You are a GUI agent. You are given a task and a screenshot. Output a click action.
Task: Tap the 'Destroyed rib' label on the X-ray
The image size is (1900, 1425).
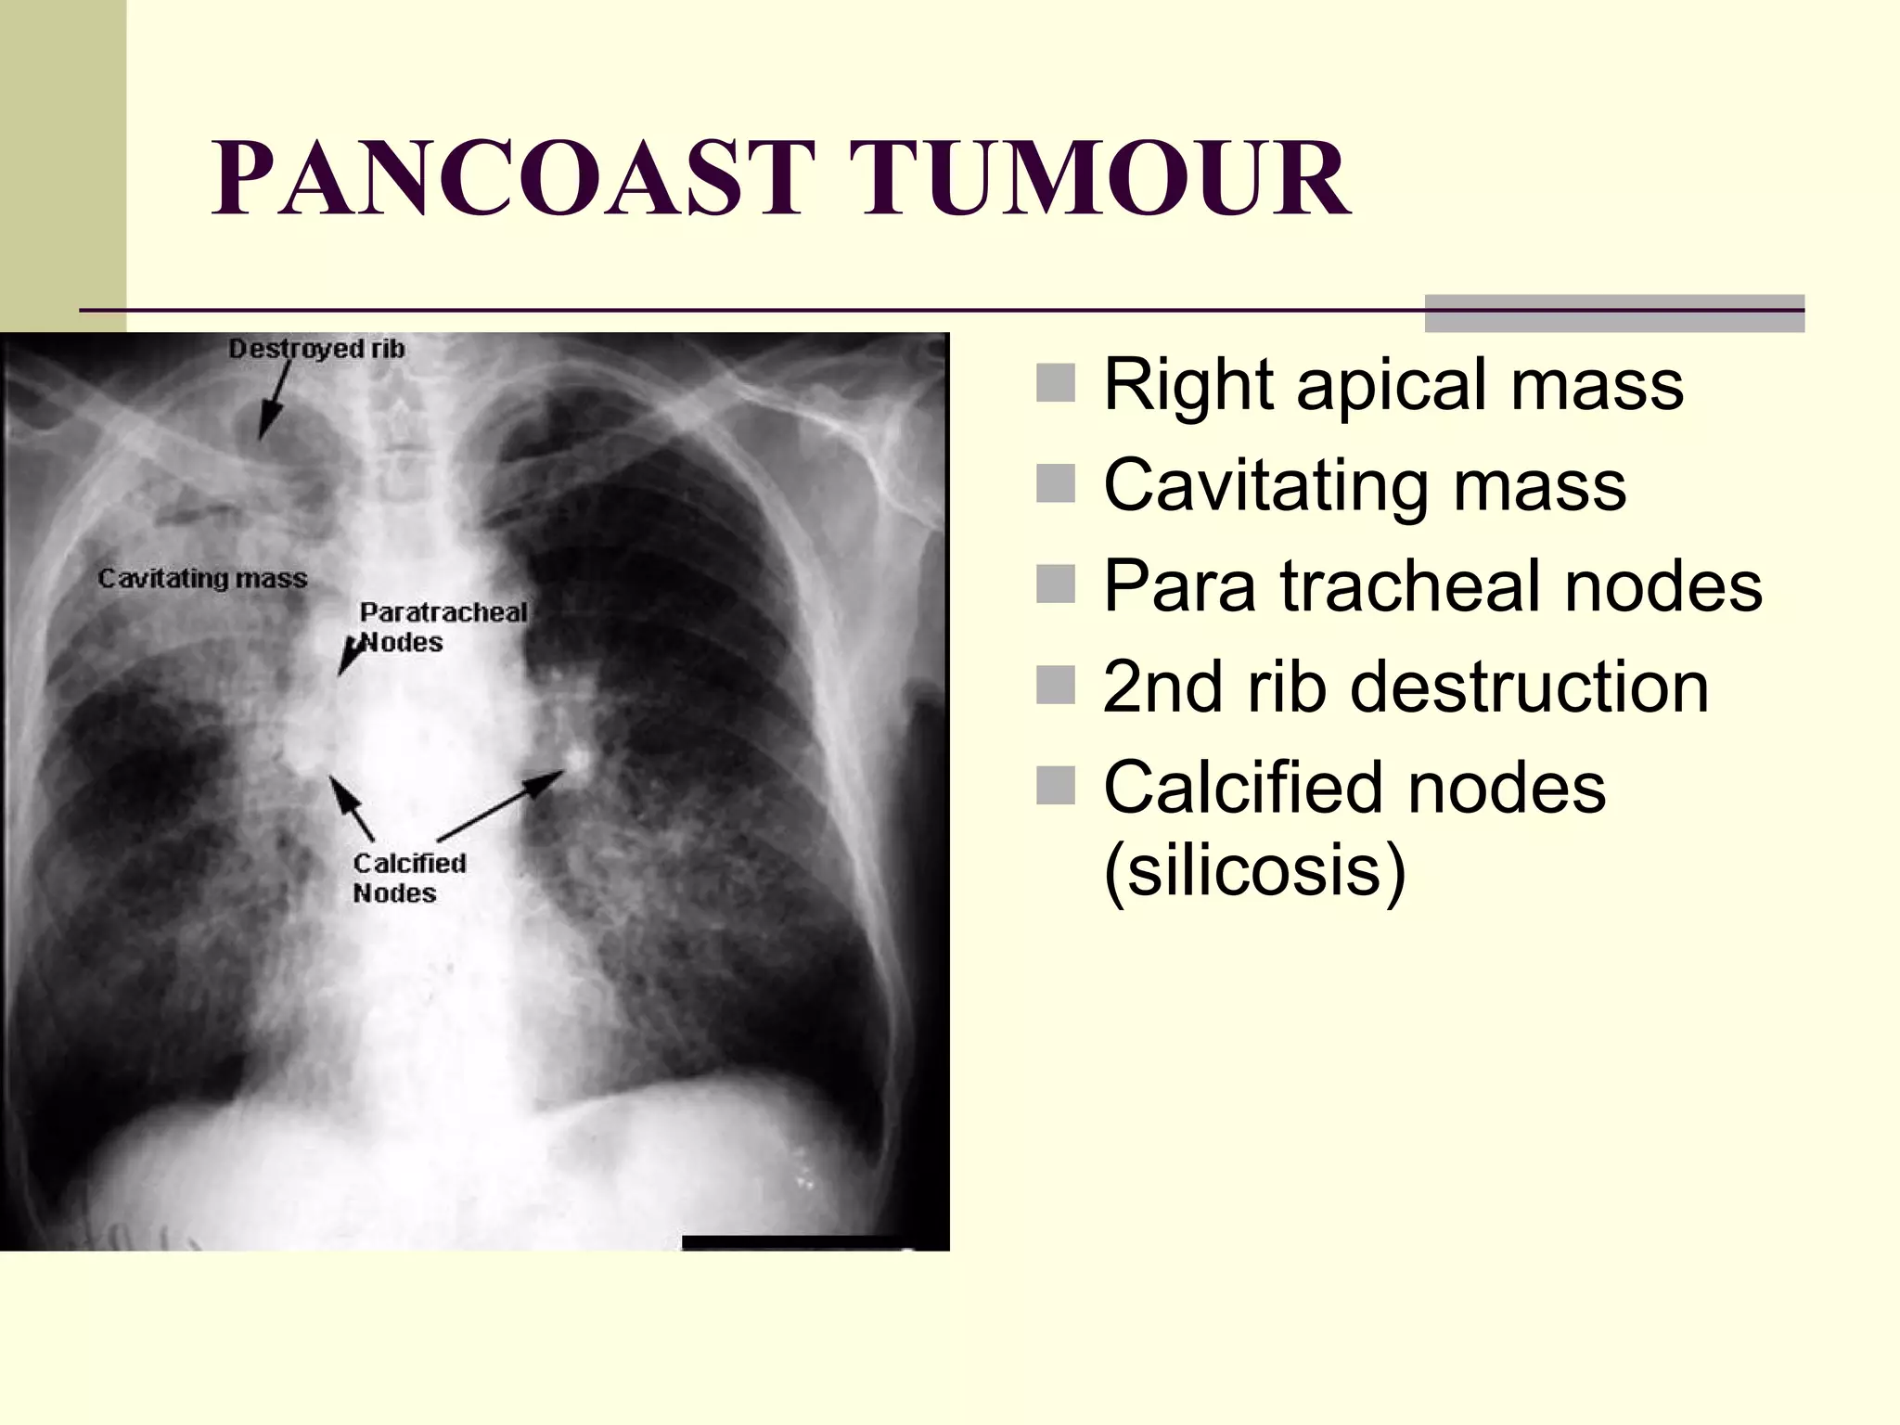(x=316, y=349)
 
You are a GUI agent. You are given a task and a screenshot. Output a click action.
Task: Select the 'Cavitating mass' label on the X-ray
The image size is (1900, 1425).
(x=202, y=579)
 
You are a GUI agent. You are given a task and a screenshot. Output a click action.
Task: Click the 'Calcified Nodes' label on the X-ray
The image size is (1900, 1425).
(x=408, y=878)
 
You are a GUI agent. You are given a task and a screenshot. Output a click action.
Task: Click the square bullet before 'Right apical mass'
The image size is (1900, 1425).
(x=1055, y=383)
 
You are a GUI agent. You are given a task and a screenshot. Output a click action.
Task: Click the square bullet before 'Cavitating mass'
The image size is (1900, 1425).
(x=1055, y=483)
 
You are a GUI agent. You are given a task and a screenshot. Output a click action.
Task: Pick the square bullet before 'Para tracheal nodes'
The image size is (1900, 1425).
(x=1055, y=584)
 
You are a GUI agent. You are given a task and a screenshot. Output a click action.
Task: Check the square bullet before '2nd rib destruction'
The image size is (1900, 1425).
(x=1055, y=685)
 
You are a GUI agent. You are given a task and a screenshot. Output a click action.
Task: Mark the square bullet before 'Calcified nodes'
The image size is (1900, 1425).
(x=1055, y=786)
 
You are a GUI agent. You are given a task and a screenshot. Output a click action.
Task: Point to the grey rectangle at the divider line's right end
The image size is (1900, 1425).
(x=1614, y=314)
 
